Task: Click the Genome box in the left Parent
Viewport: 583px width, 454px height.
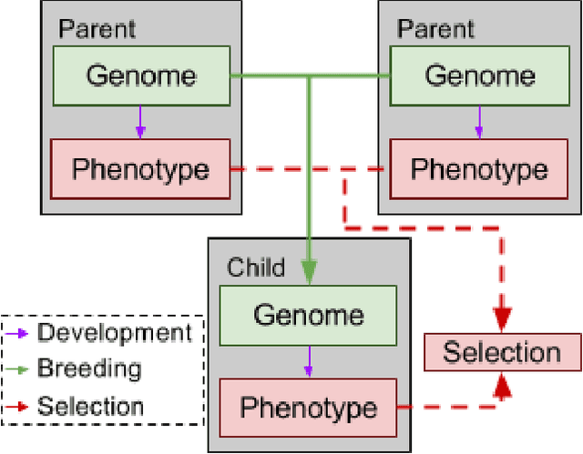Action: click(x=139, y=76)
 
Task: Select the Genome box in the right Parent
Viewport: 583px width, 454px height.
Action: click(x=479, y=76)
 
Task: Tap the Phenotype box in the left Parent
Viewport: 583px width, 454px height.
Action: click(x=139, y=168)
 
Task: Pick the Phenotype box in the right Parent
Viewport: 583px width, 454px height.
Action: click(x=479, y=170)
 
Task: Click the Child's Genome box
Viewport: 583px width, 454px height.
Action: click(x=308, y=315)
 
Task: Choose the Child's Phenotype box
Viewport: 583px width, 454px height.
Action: click(x=308, y=407)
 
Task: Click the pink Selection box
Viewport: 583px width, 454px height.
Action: click(x=502, y=352)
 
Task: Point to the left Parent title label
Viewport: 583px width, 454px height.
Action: click(x=97, y=29)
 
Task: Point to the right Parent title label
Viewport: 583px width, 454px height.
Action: click(x=435, y=29)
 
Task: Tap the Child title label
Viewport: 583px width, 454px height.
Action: click(x=255, y=267)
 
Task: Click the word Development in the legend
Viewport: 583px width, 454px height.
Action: click(x=114, y=332)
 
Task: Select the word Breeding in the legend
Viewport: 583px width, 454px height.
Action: click(x=89, y=368)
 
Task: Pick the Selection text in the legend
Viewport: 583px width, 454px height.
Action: click(x=90, y=407)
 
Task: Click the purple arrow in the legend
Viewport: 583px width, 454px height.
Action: click(x=19, y=333)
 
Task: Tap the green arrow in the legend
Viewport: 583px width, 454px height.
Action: click(x=19, y=369)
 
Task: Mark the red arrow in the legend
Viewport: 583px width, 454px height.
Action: click(x=19, y=407)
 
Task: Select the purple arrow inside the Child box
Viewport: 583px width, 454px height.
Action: click(x=308, y=360)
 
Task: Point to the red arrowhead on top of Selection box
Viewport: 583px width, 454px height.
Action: click(x=502, y=318)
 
